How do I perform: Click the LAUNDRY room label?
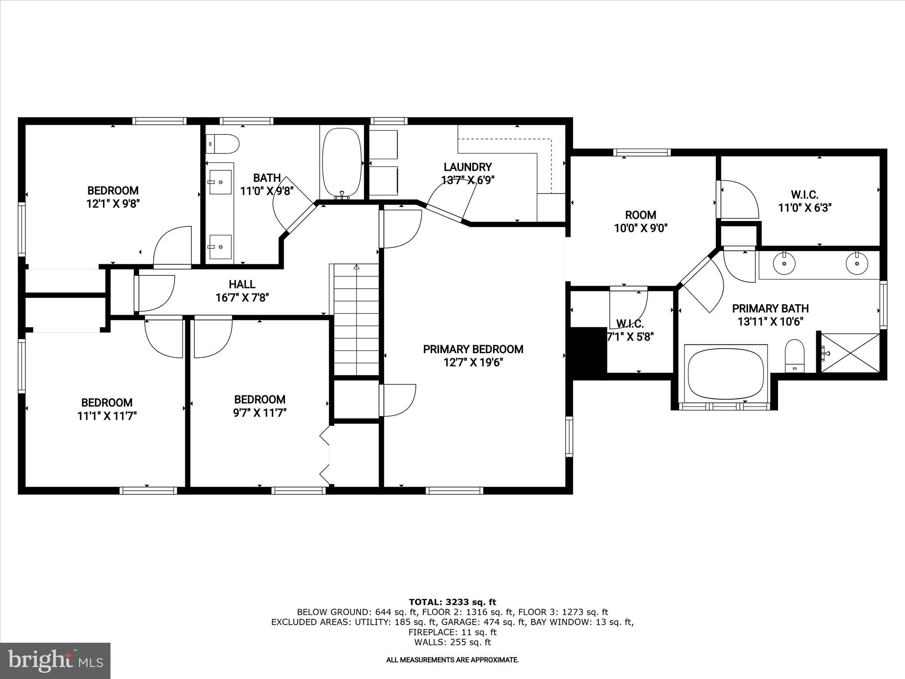(x=468, y=167)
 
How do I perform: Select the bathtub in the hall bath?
(x=342, y=162)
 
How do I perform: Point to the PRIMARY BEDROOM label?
(x=473, y=349)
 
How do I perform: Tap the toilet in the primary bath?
(x=795, y=356)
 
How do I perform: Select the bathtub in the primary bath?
(x=726, y=374)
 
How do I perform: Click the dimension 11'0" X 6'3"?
(x=805, y=208)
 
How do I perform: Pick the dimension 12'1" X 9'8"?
(x=113, y=204)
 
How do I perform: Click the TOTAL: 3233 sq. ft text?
(x=452, y=602)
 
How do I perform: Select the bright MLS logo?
(x=55, y=660)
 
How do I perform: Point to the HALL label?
(x=242, y=284)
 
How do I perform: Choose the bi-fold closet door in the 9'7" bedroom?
(x=325, y=455)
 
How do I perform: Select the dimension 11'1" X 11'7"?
(x=107, y=416)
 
